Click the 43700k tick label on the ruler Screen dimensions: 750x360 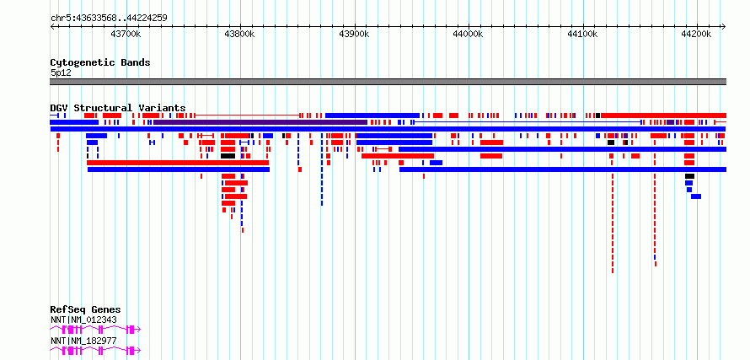click(126, 34)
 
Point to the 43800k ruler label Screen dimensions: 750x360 click(240, 34)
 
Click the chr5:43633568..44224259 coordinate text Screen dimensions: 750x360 click(109, 19)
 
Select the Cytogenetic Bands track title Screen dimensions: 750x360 click(100, 62)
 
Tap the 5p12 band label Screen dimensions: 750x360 click(61, 73)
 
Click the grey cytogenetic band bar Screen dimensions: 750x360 click(388, 82)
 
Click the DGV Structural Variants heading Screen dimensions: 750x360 click(118, 108)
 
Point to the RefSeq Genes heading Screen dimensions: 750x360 click(85, 309)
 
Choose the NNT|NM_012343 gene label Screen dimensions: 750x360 click(83, 320)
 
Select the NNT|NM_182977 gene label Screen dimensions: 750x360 click(83, 341)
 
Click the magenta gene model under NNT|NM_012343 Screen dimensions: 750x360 click(95, 330)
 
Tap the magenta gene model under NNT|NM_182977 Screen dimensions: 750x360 click(95, 351)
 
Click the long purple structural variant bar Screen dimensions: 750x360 click(260, 122)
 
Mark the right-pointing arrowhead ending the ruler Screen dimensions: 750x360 click(724, 26)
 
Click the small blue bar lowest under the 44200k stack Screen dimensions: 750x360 click(696, 196)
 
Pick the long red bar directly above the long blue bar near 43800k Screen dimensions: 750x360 click(178, 163)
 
